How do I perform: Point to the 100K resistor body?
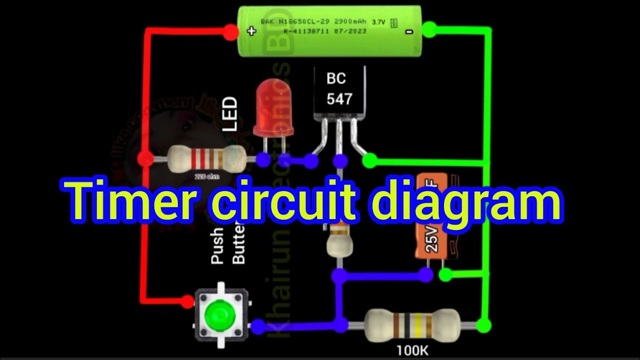click(x=411, y=325)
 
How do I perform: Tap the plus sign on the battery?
click(x=251, y=31)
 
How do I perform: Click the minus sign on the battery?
click(x=409, y=31)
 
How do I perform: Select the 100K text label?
click(x=413, y=350)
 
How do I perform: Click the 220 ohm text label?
click(x=206, y=176)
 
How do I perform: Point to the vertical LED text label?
click(x=229, y=114)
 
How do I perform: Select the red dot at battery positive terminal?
click(x=230, y=32)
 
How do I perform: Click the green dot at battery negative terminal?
click(x=429, y=29)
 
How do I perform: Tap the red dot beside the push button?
click(x=187, y=301)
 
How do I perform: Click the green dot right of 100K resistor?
click(x=483, y=325)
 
